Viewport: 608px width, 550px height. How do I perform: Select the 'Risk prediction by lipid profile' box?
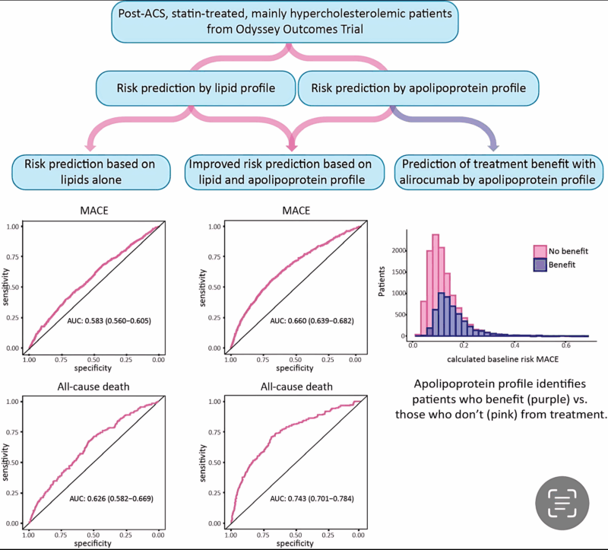(x=196, y=89)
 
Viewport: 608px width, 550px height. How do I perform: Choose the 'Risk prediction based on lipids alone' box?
(x=90, y=171)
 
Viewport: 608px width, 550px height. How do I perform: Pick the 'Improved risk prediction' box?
(x=290, y=171)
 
